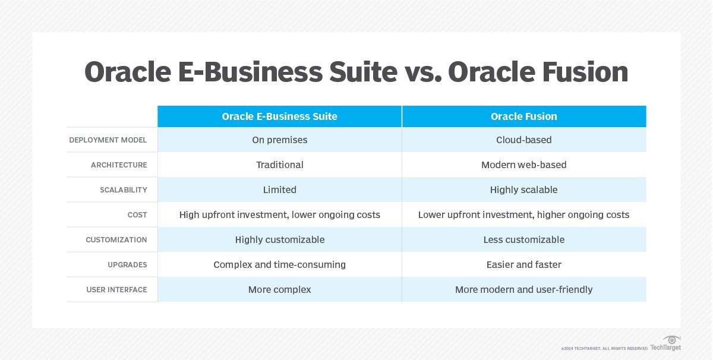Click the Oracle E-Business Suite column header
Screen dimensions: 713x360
tap(279, 116)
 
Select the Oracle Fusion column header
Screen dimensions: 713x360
tap(524, 116)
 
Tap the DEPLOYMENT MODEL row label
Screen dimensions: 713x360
tap(108, 140)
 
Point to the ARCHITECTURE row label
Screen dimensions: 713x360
tap(119, 165)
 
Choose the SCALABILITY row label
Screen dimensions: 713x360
tap(124, 190)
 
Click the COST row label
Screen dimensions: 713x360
tap(137, 215)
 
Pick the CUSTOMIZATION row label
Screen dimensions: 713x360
tap(116, 239)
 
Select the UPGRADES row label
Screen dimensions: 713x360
tap(127, 265)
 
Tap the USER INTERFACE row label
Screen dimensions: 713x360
tap(117, 290)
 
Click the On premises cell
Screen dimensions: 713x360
tap(279, 140)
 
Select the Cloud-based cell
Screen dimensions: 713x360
tap(524, 140)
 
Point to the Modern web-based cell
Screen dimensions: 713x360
tap(524, 165)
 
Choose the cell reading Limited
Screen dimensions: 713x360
tap(279, 190)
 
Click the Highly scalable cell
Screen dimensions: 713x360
tap(524, 190)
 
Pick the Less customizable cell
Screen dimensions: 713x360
tap(524, 239)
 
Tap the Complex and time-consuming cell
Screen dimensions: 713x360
tap(279, 265)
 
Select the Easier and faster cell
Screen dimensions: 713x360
tap(524, 264)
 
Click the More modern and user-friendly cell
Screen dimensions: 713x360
tap(524, 290)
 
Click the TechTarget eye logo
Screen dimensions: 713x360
tap(671, 340)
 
